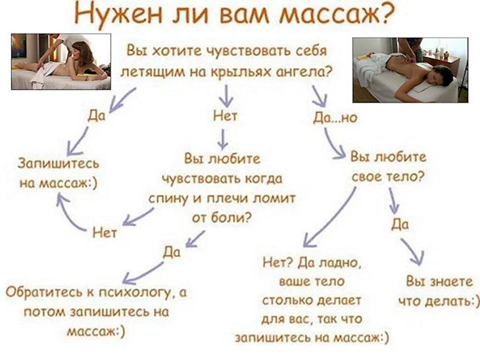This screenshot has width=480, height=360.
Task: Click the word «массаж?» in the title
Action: coord(335,14)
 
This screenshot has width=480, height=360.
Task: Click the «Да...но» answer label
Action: coord(335,118)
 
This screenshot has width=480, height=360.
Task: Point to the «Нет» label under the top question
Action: coord(226,116)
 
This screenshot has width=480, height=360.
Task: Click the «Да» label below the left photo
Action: coord(97,116)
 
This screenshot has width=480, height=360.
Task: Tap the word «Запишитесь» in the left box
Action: coord(59,163)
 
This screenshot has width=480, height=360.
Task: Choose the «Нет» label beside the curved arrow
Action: coord(105,233)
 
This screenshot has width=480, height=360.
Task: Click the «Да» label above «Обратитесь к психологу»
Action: coord(172,252)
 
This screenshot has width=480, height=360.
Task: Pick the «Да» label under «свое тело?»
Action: coord(400,224)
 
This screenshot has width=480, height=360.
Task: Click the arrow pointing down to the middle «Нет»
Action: coord(227,96)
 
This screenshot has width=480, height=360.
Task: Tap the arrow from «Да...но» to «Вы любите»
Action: coord(333,145)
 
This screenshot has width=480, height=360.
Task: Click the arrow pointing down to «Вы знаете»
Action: coord(414,252)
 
